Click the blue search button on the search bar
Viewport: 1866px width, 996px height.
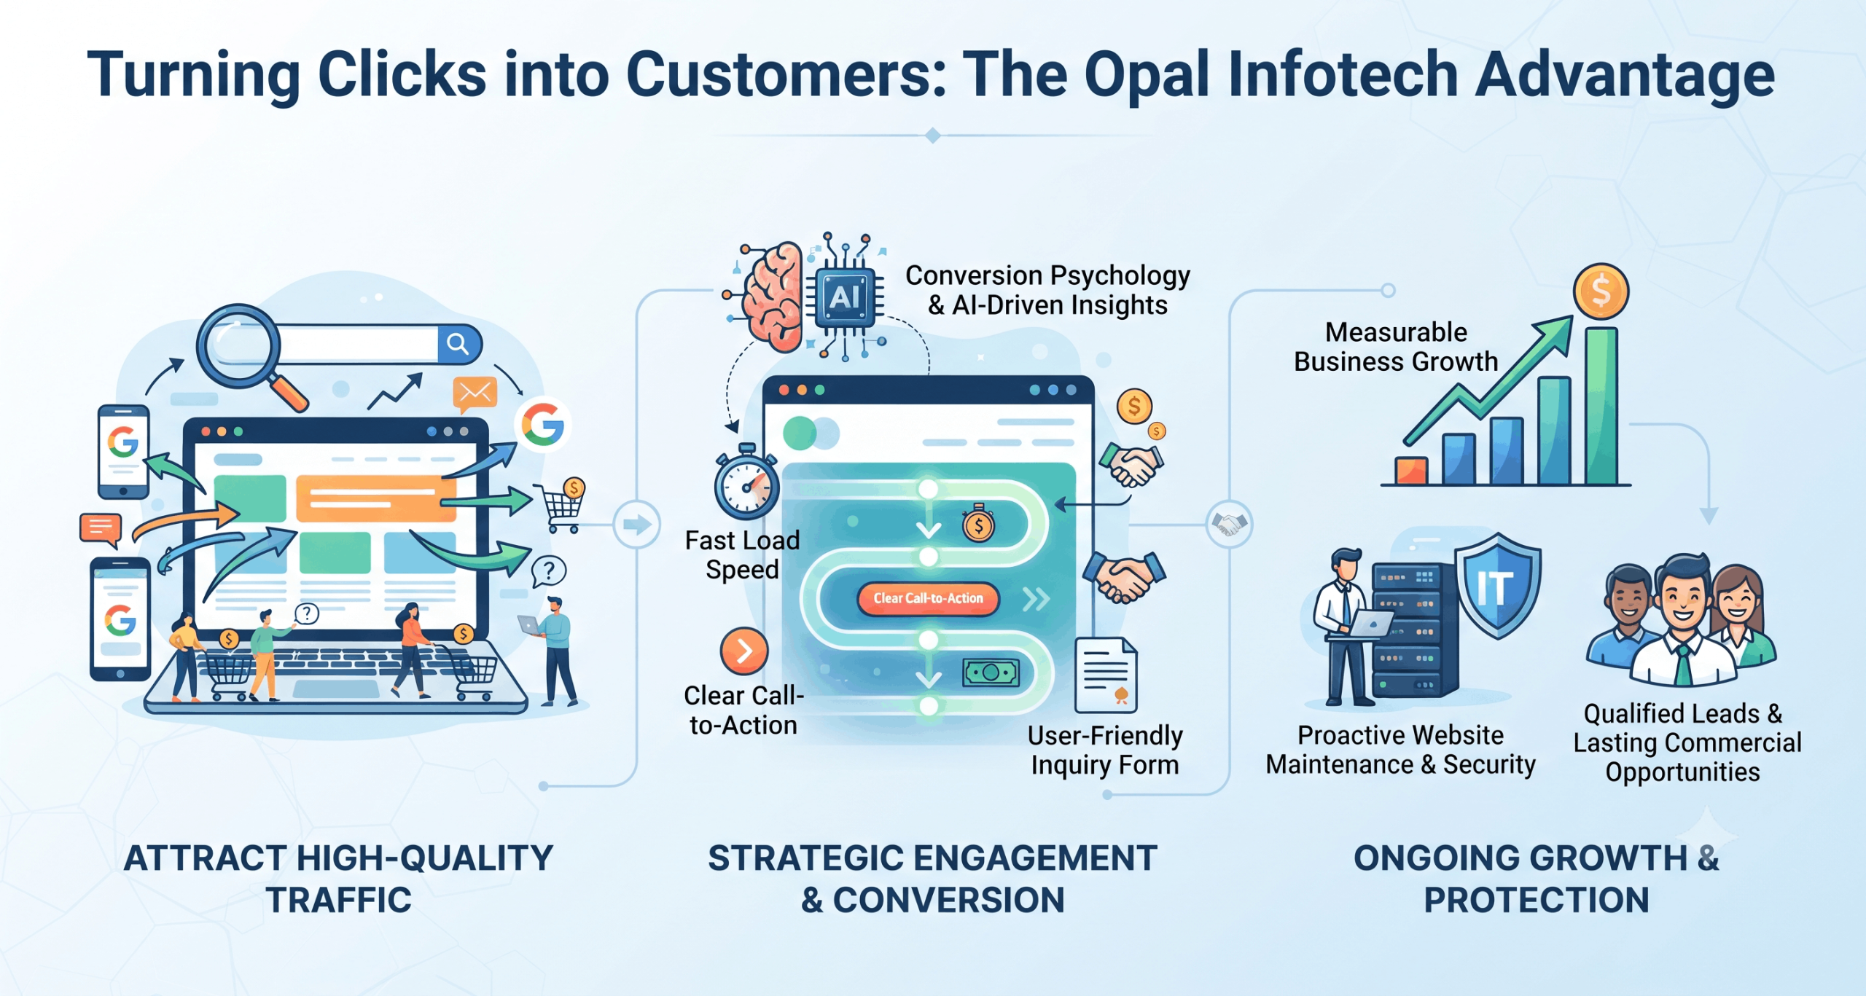[x=459, y=344]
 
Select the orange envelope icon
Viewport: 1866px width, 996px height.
[x=475, y=393]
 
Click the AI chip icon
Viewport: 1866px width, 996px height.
[x=846, y=297]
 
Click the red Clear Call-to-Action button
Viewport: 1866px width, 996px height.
[x=928, y=598]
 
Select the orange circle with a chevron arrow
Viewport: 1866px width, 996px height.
[x=743, y=651]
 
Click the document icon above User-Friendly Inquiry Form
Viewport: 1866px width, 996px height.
[x=1106, y=675]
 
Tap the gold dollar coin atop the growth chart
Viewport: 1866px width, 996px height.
[x=1601, y=291]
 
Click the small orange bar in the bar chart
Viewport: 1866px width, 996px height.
[x=1411, y=471]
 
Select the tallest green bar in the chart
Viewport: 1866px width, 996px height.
[x=1601, y=406]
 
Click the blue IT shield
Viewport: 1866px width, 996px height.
[x=1498, y=585]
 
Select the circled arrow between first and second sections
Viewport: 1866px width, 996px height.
[x=637, y=524]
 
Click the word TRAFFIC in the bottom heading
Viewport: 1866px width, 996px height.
[x=338, y=900]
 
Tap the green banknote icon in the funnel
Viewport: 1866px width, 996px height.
[x=991, y=672]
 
